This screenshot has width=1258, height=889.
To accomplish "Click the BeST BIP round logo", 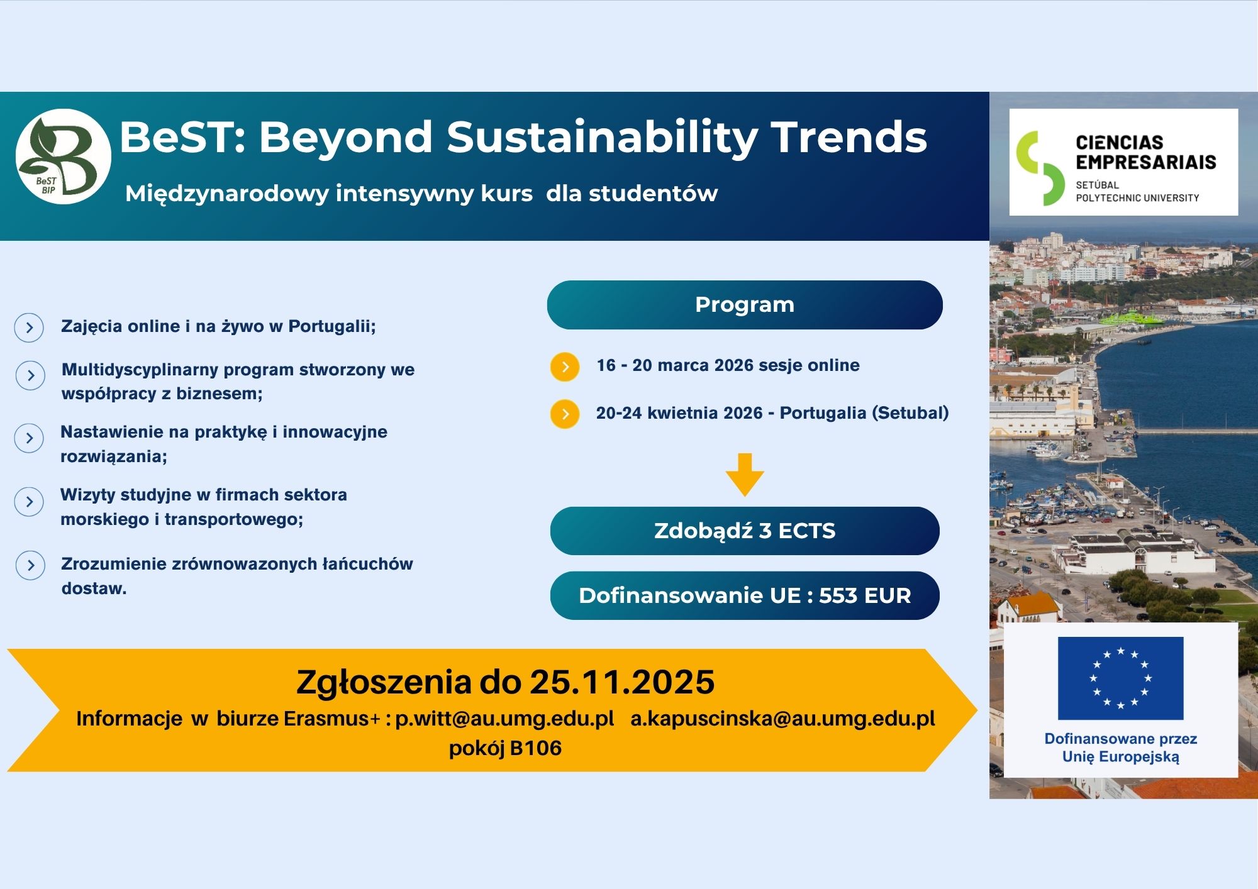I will (63, 157).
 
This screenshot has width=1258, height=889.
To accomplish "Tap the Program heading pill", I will (744, 305).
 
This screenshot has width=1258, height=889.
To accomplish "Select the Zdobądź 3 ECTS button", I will (744, 531).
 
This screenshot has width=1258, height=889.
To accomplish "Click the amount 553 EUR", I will (865, 595).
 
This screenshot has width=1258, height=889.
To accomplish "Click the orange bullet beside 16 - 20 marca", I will (565, 367).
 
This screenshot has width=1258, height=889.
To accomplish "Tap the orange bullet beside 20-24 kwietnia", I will (565, 414).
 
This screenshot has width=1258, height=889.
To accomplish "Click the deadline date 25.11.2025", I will (622, 682).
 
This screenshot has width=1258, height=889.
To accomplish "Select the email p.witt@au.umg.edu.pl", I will (504, 719).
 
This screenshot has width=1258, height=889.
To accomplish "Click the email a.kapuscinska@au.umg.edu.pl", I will (782, 719).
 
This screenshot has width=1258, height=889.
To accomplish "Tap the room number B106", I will (536, 748).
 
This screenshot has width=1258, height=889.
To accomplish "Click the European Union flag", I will (1120, 678).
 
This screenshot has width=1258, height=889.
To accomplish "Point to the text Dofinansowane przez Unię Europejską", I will (1120, 748).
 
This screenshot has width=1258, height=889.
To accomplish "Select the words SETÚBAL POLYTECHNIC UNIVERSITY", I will (1137, 191).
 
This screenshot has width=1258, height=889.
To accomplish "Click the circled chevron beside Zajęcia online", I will (29, 328).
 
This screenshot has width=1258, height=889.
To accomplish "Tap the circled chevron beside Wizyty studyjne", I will (29, 502).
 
